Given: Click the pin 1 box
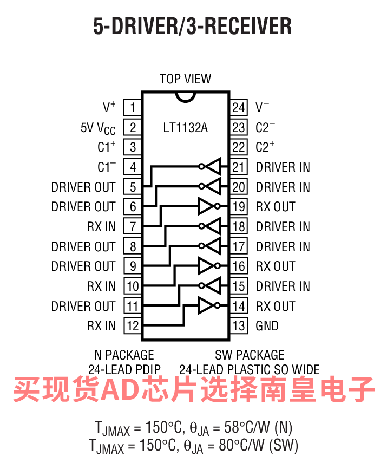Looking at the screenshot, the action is pyautogui.click(x=132, y=107).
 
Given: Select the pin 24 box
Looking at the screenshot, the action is pyautogui.click(x=239, y=107).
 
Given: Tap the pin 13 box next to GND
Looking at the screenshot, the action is pyautogui.click(x=239, y=325).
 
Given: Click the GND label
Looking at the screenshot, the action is pyautogui.click(x=267, y=325).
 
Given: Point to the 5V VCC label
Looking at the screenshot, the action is pyautogui.click(x=98, y=129).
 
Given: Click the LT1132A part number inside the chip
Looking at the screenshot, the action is pyautogui.click(x=186, y=128).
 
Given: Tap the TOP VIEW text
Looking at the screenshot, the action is pyautogui.click(x=186, y=79).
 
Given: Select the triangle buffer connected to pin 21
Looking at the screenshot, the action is pyautogui.click(x=213, y=167).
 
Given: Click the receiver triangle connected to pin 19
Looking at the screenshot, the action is pyautogui.click(x=206, y=206).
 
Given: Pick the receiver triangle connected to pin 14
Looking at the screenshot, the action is pyautogui.click(x=206, y=305).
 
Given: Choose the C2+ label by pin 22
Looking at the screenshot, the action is pyautogui.click(x=265, y=146).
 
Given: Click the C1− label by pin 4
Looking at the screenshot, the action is pyautogui.click(x=107, y=167).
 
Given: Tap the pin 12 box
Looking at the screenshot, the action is pyautogui.click(x=132, y=325).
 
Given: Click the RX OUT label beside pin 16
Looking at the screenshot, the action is pyautogui.click(x=276, y=266).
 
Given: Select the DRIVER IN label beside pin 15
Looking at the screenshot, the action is pyautogui.click(x=283, y=286).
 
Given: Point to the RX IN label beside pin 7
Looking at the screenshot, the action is pyautogui.click(x=101, y=227).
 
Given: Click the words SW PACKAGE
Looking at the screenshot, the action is pyautogui.click(x=250, y=355).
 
